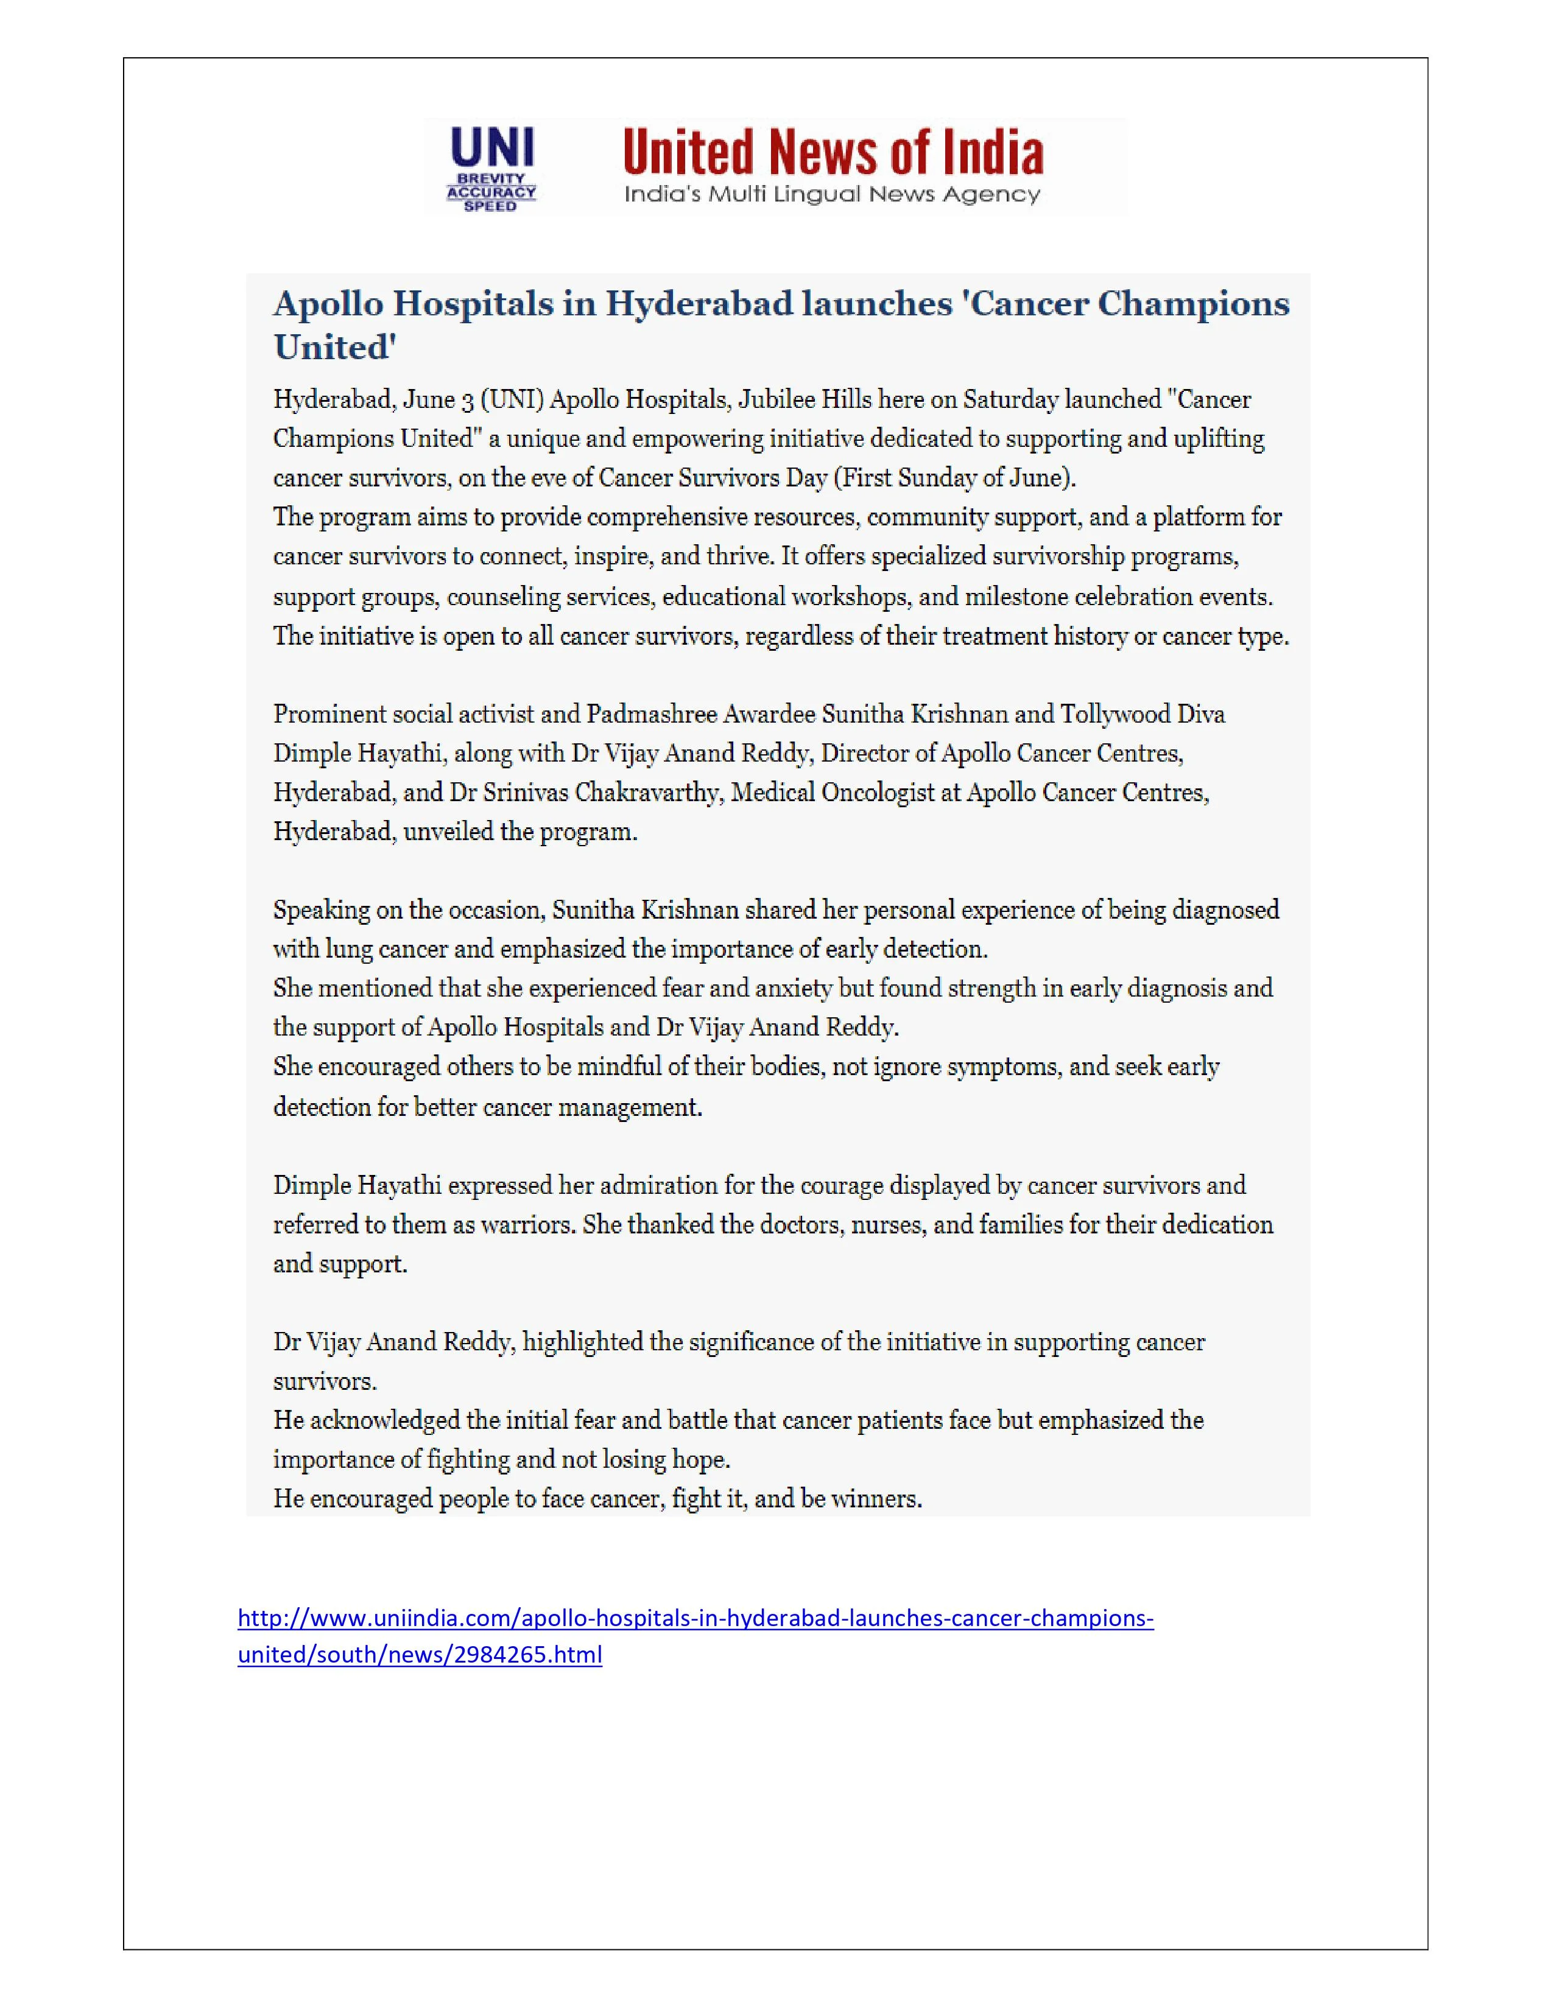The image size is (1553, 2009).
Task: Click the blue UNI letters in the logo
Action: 491,147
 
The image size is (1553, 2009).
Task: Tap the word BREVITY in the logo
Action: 491,178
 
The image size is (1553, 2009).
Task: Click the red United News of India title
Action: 833,153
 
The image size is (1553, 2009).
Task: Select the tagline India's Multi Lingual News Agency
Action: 832,194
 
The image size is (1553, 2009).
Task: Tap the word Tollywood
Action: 1115,715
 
